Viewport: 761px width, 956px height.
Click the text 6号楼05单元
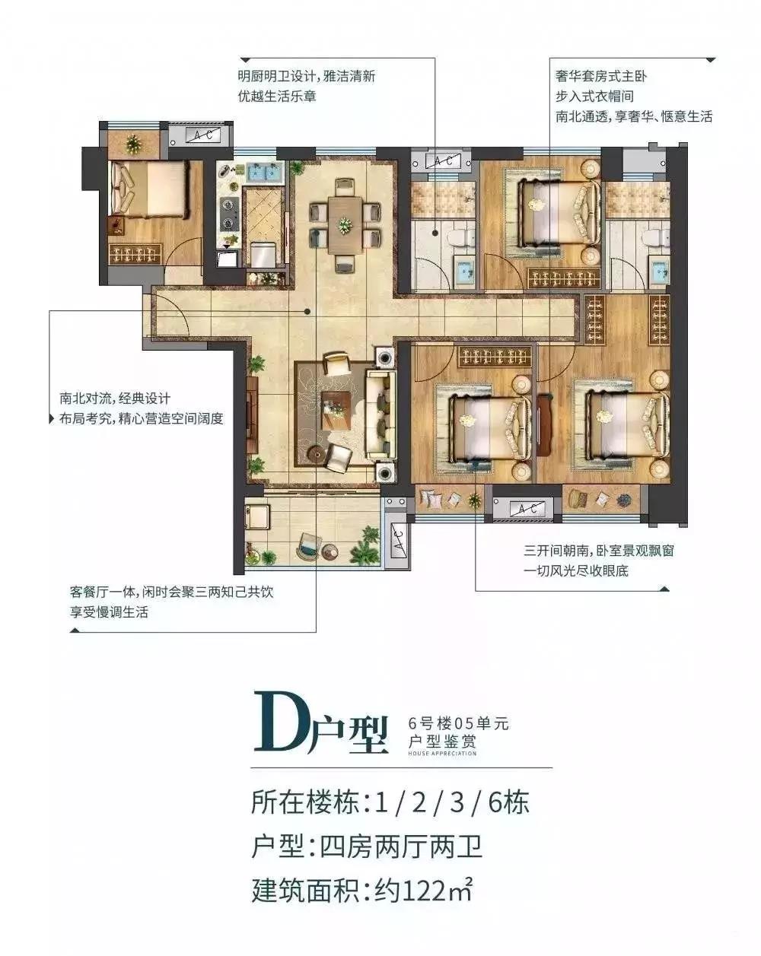tap(458, 724)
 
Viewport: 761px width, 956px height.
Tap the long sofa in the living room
tap(380, 415)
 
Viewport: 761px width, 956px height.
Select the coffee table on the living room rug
tap(337, 410)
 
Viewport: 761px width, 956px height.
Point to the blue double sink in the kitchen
tap(264, 171)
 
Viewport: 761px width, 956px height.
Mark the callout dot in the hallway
tap(307, 311)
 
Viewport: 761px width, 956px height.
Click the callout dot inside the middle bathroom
tap(435, 232)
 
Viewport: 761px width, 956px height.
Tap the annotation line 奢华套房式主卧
tap(600, 76)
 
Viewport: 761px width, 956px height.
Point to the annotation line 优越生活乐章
tap(277, 96)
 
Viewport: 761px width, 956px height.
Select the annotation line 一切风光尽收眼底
tap(576, 570)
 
